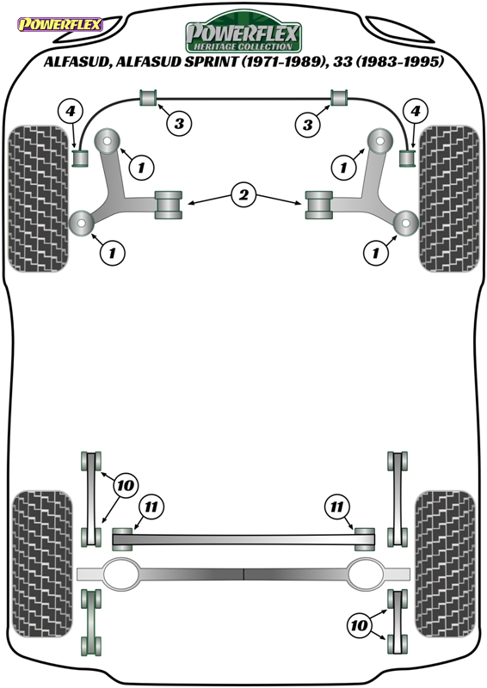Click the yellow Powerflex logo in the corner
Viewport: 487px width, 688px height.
tap(59, 24)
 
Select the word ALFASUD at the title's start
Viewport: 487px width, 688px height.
tap(77, 61)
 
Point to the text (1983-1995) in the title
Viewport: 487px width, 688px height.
tap(399, 61)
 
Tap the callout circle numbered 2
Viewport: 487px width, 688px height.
tap(243, 194)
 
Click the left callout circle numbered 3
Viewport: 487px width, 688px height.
tap(179, 123)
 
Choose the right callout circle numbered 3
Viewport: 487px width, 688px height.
tap(307, 124)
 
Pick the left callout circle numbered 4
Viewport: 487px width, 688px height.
tap(71, 111)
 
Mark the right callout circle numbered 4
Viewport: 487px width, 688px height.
tap(415, 111)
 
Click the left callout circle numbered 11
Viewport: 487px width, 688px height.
tap(151, 507)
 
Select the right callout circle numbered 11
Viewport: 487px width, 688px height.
tap(336, 507)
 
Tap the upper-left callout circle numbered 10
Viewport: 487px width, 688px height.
tap(125, 485)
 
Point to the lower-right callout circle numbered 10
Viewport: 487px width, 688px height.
tap(359, 624)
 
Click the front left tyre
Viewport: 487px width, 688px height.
tap(39, 199)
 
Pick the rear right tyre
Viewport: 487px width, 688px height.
tap(446, 564)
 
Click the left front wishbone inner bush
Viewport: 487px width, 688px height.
tap(168, 205)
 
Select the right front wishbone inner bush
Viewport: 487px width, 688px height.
tap(319, 205)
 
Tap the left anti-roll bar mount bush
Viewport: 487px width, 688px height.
tap(149, 97)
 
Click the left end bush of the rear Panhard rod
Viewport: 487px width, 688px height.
tap(122, 539)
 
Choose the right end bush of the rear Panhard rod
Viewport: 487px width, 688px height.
tap(365, 539)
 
